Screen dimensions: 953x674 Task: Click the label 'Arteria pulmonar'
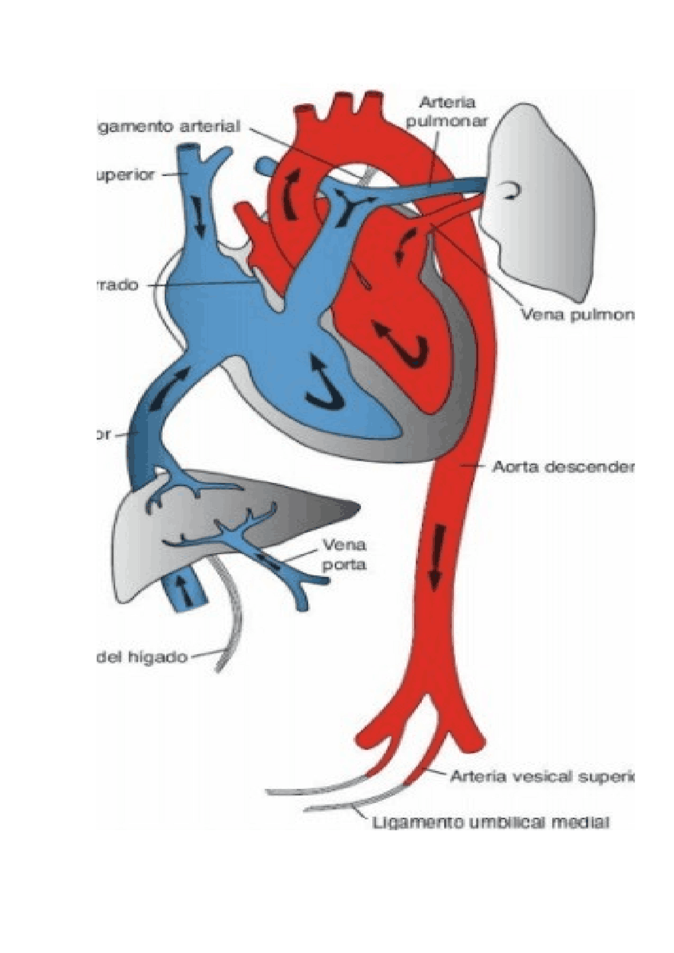[447, 112]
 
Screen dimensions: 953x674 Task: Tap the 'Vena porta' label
[344, 555]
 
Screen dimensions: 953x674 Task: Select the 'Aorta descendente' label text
[562, 467]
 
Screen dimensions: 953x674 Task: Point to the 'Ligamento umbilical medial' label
[491, 822]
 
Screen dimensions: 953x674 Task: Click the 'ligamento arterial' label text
[169, 127]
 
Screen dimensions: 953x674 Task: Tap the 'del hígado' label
[143, 657]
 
